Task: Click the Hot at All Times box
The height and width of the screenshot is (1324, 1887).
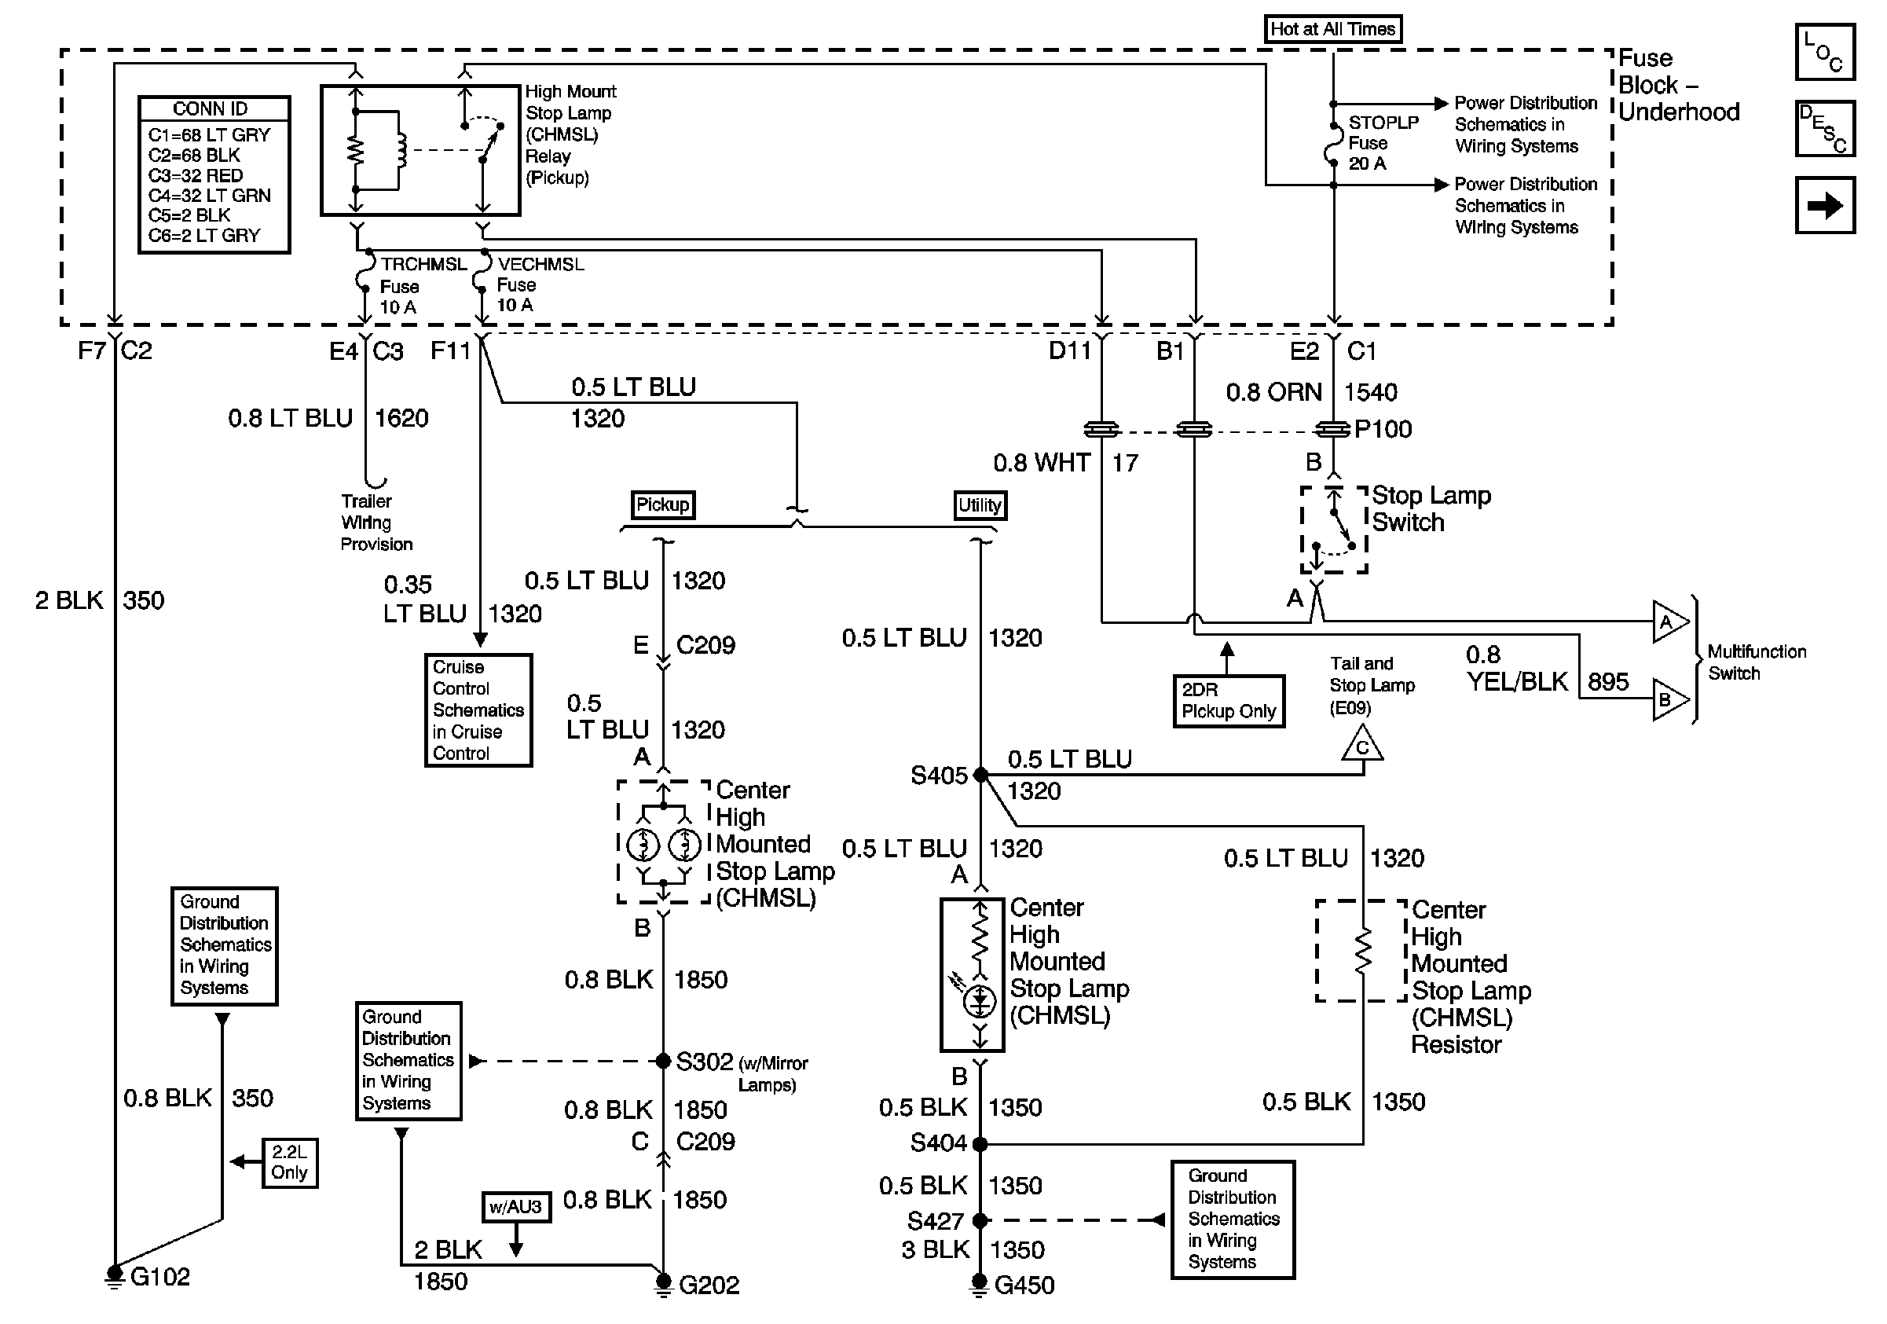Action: (x=1332, y=30)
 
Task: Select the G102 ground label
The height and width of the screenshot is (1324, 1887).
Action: (x=160, y=1276)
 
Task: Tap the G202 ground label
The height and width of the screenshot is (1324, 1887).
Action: (x=709, y=1285)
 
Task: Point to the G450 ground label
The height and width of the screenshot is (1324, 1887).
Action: (x=1024, y=1285)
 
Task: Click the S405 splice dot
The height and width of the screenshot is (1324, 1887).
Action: (x=980, y=774)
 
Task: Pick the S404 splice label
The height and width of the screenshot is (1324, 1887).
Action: (x=938, y=1142)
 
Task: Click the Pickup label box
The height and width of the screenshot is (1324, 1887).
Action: (x=662, y=504)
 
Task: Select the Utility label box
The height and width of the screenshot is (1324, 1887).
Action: (x=980, y=505)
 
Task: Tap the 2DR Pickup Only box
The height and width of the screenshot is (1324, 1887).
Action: (x=1229, y=701)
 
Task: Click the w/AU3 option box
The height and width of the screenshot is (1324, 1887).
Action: (x=516, y=1206)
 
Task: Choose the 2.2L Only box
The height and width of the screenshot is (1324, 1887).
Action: (x=289, y=1162)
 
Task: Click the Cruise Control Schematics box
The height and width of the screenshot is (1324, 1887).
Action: (x=478, y=710)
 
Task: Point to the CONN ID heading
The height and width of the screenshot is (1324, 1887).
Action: (x=211, y=108)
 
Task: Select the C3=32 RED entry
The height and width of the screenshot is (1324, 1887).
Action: (x=196, y=176)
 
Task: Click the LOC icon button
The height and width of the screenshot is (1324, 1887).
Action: (x=1824, y=53)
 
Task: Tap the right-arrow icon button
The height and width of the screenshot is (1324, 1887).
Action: (x=1824, y=205)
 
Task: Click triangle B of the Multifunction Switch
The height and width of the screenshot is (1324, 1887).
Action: (x=1669, y=700)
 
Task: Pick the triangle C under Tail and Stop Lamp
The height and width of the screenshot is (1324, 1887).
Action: (x=1361, y=746)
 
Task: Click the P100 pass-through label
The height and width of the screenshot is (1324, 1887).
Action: (x=1383, y=429)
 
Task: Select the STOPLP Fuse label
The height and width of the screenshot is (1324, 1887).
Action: (x=1383, y=142)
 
